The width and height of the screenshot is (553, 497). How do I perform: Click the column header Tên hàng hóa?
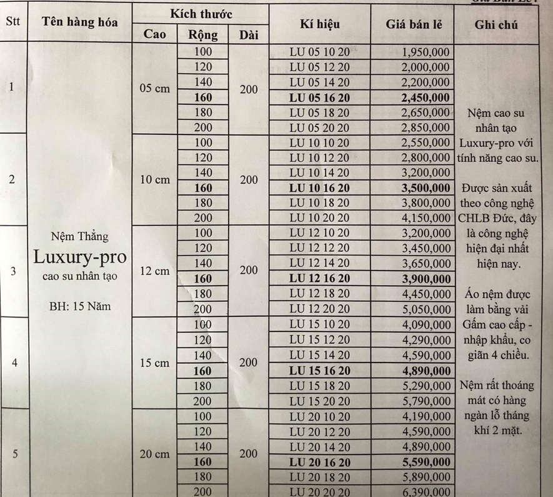click(x=81, y=23)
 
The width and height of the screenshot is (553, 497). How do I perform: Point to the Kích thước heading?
click(x=201, y=13)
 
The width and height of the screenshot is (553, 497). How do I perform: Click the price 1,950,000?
click(x=424, y=53)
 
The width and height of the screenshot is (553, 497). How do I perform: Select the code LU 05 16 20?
click(x=320, y=98)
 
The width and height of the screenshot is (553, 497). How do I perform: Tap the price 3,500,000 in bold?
click(x=424, y=188)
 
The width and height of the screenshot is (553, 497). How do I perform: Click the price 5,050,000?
click(x=424, y=309)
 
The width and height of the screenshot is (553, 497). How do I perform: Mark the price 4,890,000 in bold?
click(x=424, y=370)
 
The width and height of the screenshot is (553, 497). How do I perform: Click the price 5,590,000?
click(x=424, y=461)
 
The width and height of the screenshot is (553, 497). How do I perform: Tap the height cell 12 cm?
click(x=154, y=271)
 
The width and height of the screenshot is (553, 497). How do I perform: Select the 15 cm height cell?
click(x=154, y=363)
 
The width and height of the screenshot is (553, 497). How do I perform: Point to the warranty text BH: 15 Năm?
click(x=79, y=306)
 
